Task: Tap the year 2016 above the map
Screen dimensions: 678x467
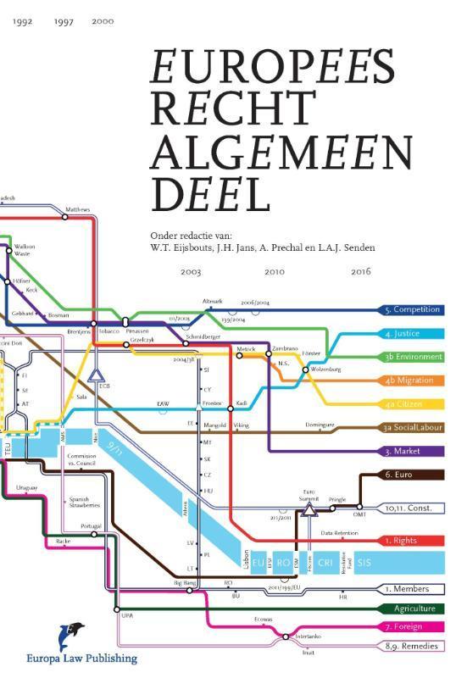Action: (360, 272)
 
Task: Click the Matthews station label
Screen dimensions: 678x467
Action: (77, 208)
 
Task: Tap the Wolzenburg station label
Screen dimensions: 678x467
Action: (326, 370)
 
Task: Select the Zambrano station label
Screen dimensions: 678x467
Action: (284, 348)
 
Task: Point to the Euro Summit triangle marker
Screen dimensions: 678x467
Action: (309, 508)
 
